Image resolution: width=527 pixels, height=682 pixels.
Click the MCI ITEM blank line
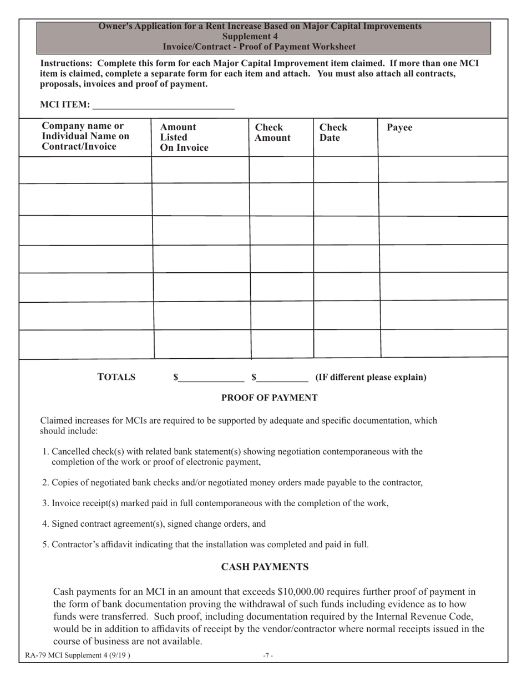coord(163,105)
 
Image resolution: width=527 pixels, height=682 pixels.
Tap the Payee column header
coord(399,128)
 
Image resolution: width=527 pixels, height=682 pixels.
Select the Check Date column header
coord(333,133)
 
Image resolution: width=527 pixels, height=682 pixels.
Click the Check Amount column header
coord(272,133)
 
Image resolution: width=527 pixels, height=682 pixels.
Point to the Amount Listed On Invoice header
coord(184,138)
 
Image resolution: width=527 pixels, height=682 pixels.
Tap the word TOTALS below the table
coord(116,378)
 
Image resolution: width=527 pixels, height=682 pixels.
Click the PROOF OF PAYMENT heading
coord(270,398)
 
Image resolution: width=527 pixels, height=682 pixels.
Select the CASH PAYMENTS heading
coord(265,567)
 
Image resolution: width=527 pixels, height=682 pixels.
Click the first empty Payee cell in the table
coord(443,170)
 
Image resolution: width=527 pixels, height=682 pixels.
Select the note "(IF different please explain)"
coord(371,378)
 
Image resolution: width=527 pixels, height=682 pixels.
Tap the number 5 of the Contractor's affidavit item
coord(45,544)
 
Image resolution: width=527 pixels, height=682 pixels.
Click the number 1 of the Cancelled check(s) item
coord(45,451)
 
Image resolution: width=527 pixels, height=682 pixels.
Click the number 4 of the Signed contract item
coord(45,523)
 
